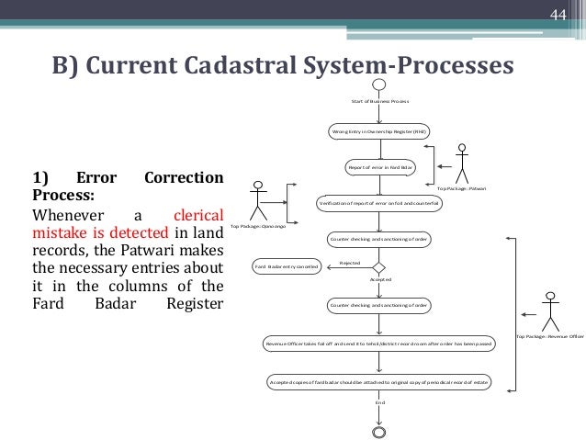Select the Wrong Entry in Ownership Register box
point(379,132)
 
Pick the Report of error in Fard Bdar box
point(379,168)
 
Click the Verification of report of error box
point(379,203)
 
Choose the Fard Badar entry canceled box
point(287,267)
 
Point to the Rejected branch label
point(350,263)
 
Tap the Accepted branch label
point(380,278)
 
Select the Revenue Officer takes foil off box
point(379,344)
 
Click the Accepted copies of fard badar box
point(379,379)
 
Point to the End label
point(379,402)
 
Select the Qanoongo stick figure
point(262,197)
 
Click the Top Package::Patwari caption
point(462,187)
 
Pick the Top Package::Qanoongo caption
point(258,226)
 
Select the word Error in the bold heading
point(94,177)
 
